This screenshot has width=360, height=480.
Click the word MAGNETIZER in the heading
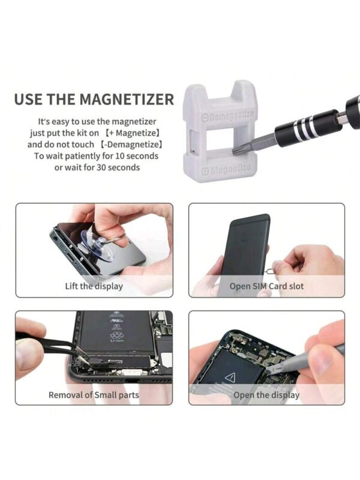[x=127, y=99]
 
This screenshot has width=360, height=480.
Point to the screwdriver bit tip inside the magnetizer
[x=235, y=151]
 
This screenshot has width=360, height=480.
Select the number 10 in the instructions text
[x=119, y=156]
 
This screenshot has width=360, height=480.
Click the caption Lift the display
[x=94, y=286]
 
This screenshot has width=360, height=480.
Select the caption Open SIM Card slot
[x=266, y=286]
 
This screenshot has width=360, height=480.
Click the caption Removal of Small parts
[x=94, y=395]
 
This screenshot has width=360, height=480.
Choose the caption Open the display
[x=266, y=395]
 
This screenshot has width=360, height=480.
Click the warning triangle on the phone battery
[x=230, y=377]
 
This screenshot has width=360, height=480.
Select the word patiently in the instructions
[x=83, y=156]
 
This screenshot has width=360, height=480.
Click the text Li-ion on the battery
[x=117, y=340]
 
